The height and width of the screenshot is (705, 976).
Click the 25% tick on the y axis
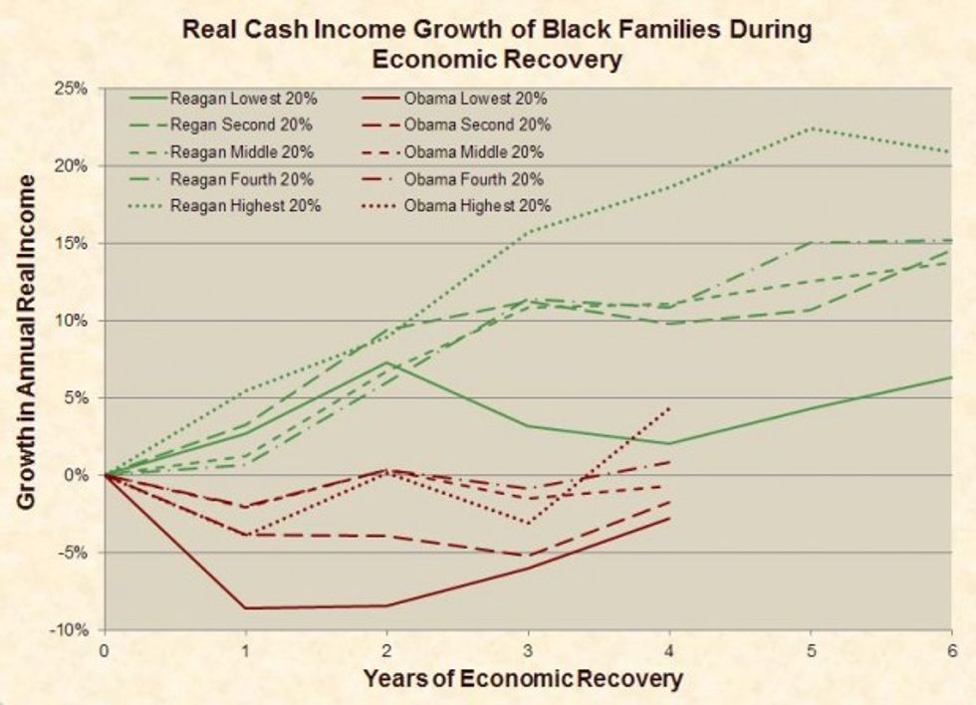pyautogui.click(x=76, y=90)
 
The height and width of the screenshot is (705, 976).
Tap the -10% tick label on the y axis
pyautogui.click(x=74, y=630)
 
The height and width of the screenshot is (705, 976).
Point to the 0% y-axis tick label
pyautogui.click(x=81, y=475)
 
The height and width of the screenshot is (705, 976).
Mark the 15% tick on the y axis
pyautogui.click(x=76, y=244)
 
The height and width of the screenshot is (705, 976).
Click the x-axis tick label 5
pyautogui.click(x=810, y=650)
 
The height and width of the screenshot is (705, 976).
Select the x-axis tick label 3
pyautogui.click(x=527, y=650)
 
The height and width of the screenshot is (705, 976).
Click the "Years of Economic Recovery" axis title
pyautogui.click(x=523, y=680)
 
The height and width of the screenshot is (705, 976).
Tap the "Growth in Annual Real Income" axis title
pyautogui.click(x=27, y=343)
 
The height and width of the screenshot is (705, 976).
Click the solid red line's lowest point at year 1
pyautogui.click(x=245, y=607)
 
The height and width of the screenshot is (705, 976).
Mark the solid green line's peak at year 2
pyautogui.click(x=385, y=362)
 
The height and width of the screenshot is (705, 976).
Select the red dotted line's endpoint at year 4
pyautogui.click(x=668, y=407)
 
